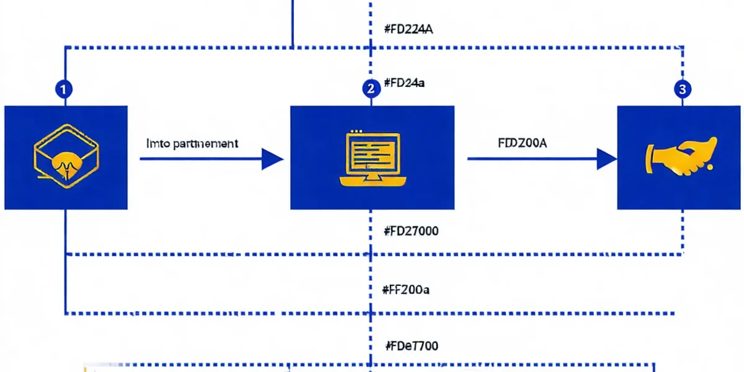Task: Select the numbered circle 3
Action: pos(682,89)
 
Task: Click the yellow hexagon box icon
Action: pos(65,157)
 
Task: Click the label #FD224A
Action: pos(408,29)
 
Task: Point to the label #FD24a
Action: pos(404,83)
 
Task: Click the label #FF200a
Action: pos(407,289)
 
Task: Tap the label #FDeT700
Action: pos(412,345)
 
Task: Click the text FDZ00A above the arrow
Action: pos(522,143)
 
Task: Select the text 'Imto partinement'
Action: pos(192,143)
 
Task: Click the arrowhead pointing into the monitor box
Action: pos(272,159)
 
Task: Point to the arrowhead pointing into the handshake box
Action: pos(606,159)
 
